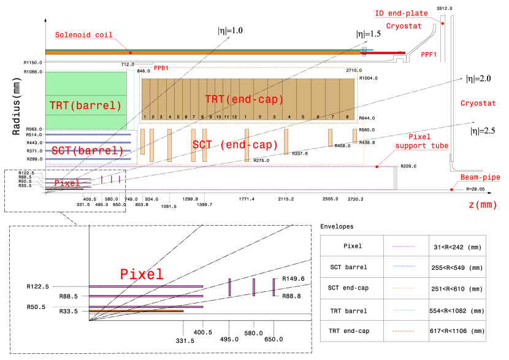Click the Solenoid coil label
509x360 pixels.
coord(83,35)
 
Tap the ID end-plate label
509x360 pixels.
coord(401,13)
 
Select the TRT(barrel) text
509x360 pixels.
coord(86,105)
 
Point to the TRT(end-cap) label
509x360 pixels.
coord(244,99)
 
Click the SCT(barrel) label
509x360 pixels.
coord(88,150)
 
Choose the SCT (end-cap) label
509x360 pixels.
coord(235,145)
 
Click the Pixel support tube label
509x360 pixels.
coord(421,142)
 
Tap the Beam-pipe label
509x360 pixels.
coord(480,177)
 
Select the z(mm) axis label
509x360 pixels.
coord(483,205)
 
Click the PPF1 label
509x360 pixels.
coord(429,55)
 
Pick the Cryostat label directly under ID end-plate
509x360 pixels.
coord(404,26)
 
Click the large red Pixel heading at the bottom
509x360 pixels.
coord(142,274)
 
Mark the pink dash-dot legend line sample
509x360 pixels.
coord(404,247)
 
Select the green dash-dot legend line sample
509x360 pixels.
coord(404,310)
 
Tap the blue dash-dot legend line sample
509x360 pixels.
coord(404,266)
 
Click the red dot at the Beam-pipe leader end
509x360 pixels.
coord(451,190)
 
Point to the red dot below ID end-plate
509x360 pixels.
coord(442,24)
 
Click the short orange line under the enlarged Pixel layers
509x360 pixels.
coord(136,311)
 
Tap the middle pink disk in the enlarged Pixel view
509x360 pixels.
coord(254,287)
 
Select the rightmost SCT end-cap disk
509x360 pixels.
coord(354,136)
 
